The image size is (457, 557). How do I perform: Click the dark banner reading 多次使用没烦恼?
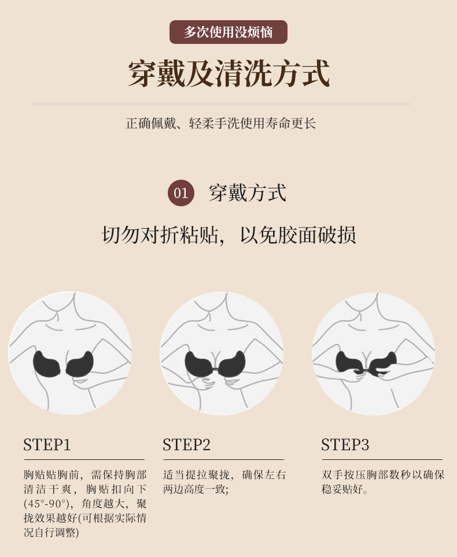pos(228,32)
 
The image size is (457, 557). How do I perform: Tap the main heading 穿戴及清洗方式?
pos(228,73)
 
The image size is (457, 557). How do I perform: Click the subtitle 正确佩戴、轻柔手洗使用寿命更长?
pos(221,123)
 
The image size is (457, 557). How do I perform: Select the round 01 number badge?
pos(181,192)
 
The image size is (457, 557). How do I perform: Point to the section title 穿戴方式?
pos(247,192)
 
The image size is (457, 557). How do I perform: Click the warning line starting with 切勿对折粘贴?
pos(228,235)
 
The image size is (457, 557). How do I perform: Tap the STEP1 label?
pos(47,445)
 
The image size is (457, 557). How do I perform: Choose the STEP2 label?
pos(186,445)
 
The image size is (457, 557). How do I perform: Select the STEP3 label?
pos(345,445)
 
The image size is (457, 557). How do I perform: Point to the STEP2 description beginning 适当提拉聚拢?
pos(224,482)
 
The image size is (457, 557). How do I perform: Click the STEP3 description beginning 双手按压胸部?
pos(382,482)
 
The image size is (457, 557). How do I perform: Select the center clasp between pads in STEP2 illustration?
pos(215,366)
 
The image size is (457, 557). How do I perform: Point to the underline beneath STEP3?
pos(382,459)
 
